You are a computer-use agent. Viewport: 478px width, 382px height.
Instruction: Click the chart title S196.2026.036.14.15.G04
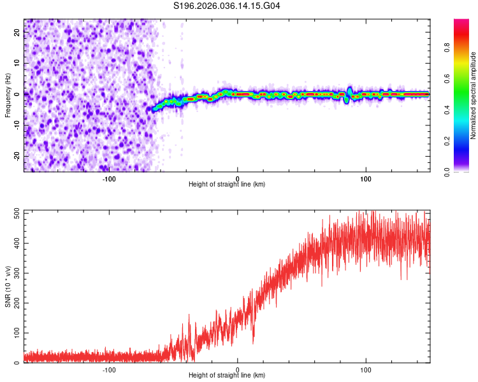(x=227, y=6)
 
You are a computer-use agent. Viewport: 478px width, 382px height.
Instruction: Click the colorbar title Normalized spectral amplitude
(x=473, y=95)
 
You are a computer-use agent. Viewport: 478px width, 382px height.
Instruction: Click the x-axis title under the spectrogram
(x=227, y=185)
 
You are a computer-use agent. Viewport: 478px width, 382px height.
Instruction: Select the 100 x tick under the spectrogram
(x=366, y=178)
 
